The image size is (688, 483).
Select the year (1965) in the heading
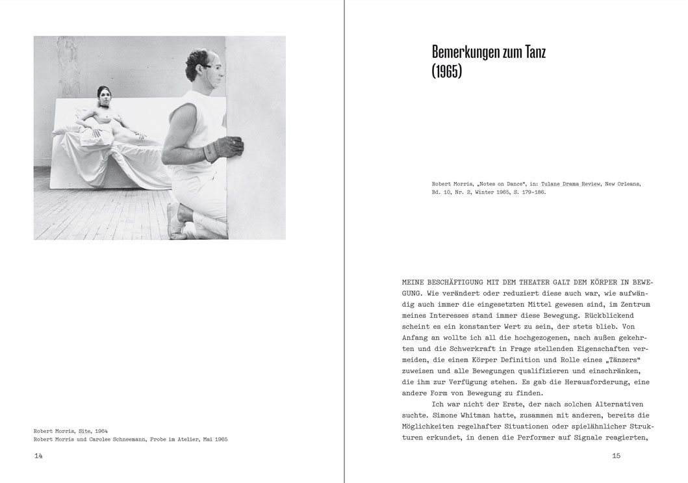(x=446, y=72)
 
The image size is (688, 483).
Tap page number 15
(x=617, y=456)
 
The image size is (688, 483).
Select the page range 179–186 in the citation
(x=527, y=193)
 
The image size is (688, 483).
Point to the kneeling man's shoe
(x=173, y=220)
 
